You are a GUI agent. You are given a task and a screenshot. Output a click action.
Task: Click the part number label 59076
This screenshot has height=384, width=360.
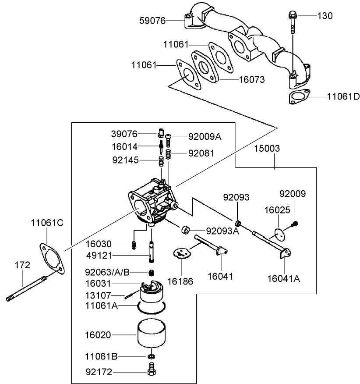coord(152,20)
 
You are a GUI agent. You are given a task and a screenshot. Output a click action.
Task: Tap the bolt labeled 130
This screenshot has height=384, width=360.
coord(292,24)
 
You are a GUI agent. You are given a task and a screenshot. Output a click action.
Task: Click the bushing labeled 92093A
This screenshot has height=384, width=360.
coord(186,229)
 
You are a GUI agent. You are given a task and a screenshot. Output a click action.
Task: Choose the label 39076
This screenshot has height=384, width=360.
coord(124,134)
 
